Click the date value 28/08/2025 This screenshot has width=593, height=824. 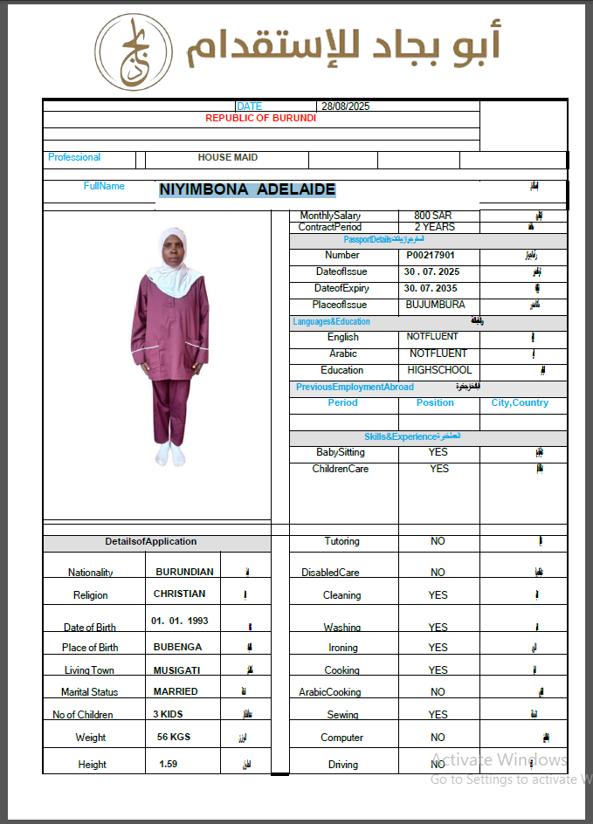[x=346, y=106]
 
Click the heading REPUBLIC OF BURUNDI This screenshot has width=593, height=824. [x=260, y=118]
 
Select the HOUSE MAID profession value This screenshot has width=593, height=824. [x=227, y=158]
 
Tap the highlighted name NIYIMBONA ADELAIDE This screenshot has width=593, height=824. [x=247, y=189]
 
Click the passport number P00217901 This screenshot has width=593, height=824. [x=431, y=256]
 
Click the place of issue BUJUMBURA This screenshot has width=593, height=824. [x=436, y=306]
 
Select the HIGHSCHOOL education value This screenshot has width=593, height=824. [x=439, y=370]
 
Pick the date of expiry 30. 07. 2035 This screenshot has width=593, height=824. [x=431, y=289]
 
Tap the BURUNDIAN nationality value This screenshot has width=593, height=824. [x=184, y=573]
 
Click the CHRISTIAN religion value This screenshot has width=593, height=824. [x=180, y=594]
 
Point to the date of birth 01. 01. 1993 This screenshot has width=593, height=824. [x=180, y=621]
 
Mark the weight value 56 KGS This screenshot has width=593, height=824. [x=174, y=737]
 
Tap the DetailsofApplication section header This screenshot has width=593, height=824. [x=151, y=541]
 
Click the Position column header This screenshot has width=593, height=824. [x=435, y=403]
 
